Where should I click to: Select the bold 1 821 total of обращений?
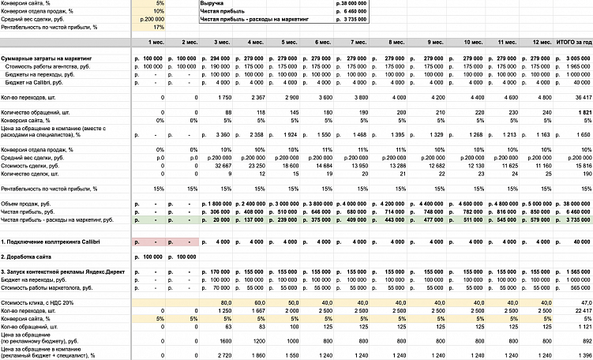(x=581, y=113)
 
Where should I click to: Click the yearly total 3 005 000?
(x=577, y=58)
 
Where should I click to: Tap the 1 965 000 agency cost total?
(x=577, y=66)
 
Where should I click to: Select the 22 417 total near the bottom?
(x=580, y=310)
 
